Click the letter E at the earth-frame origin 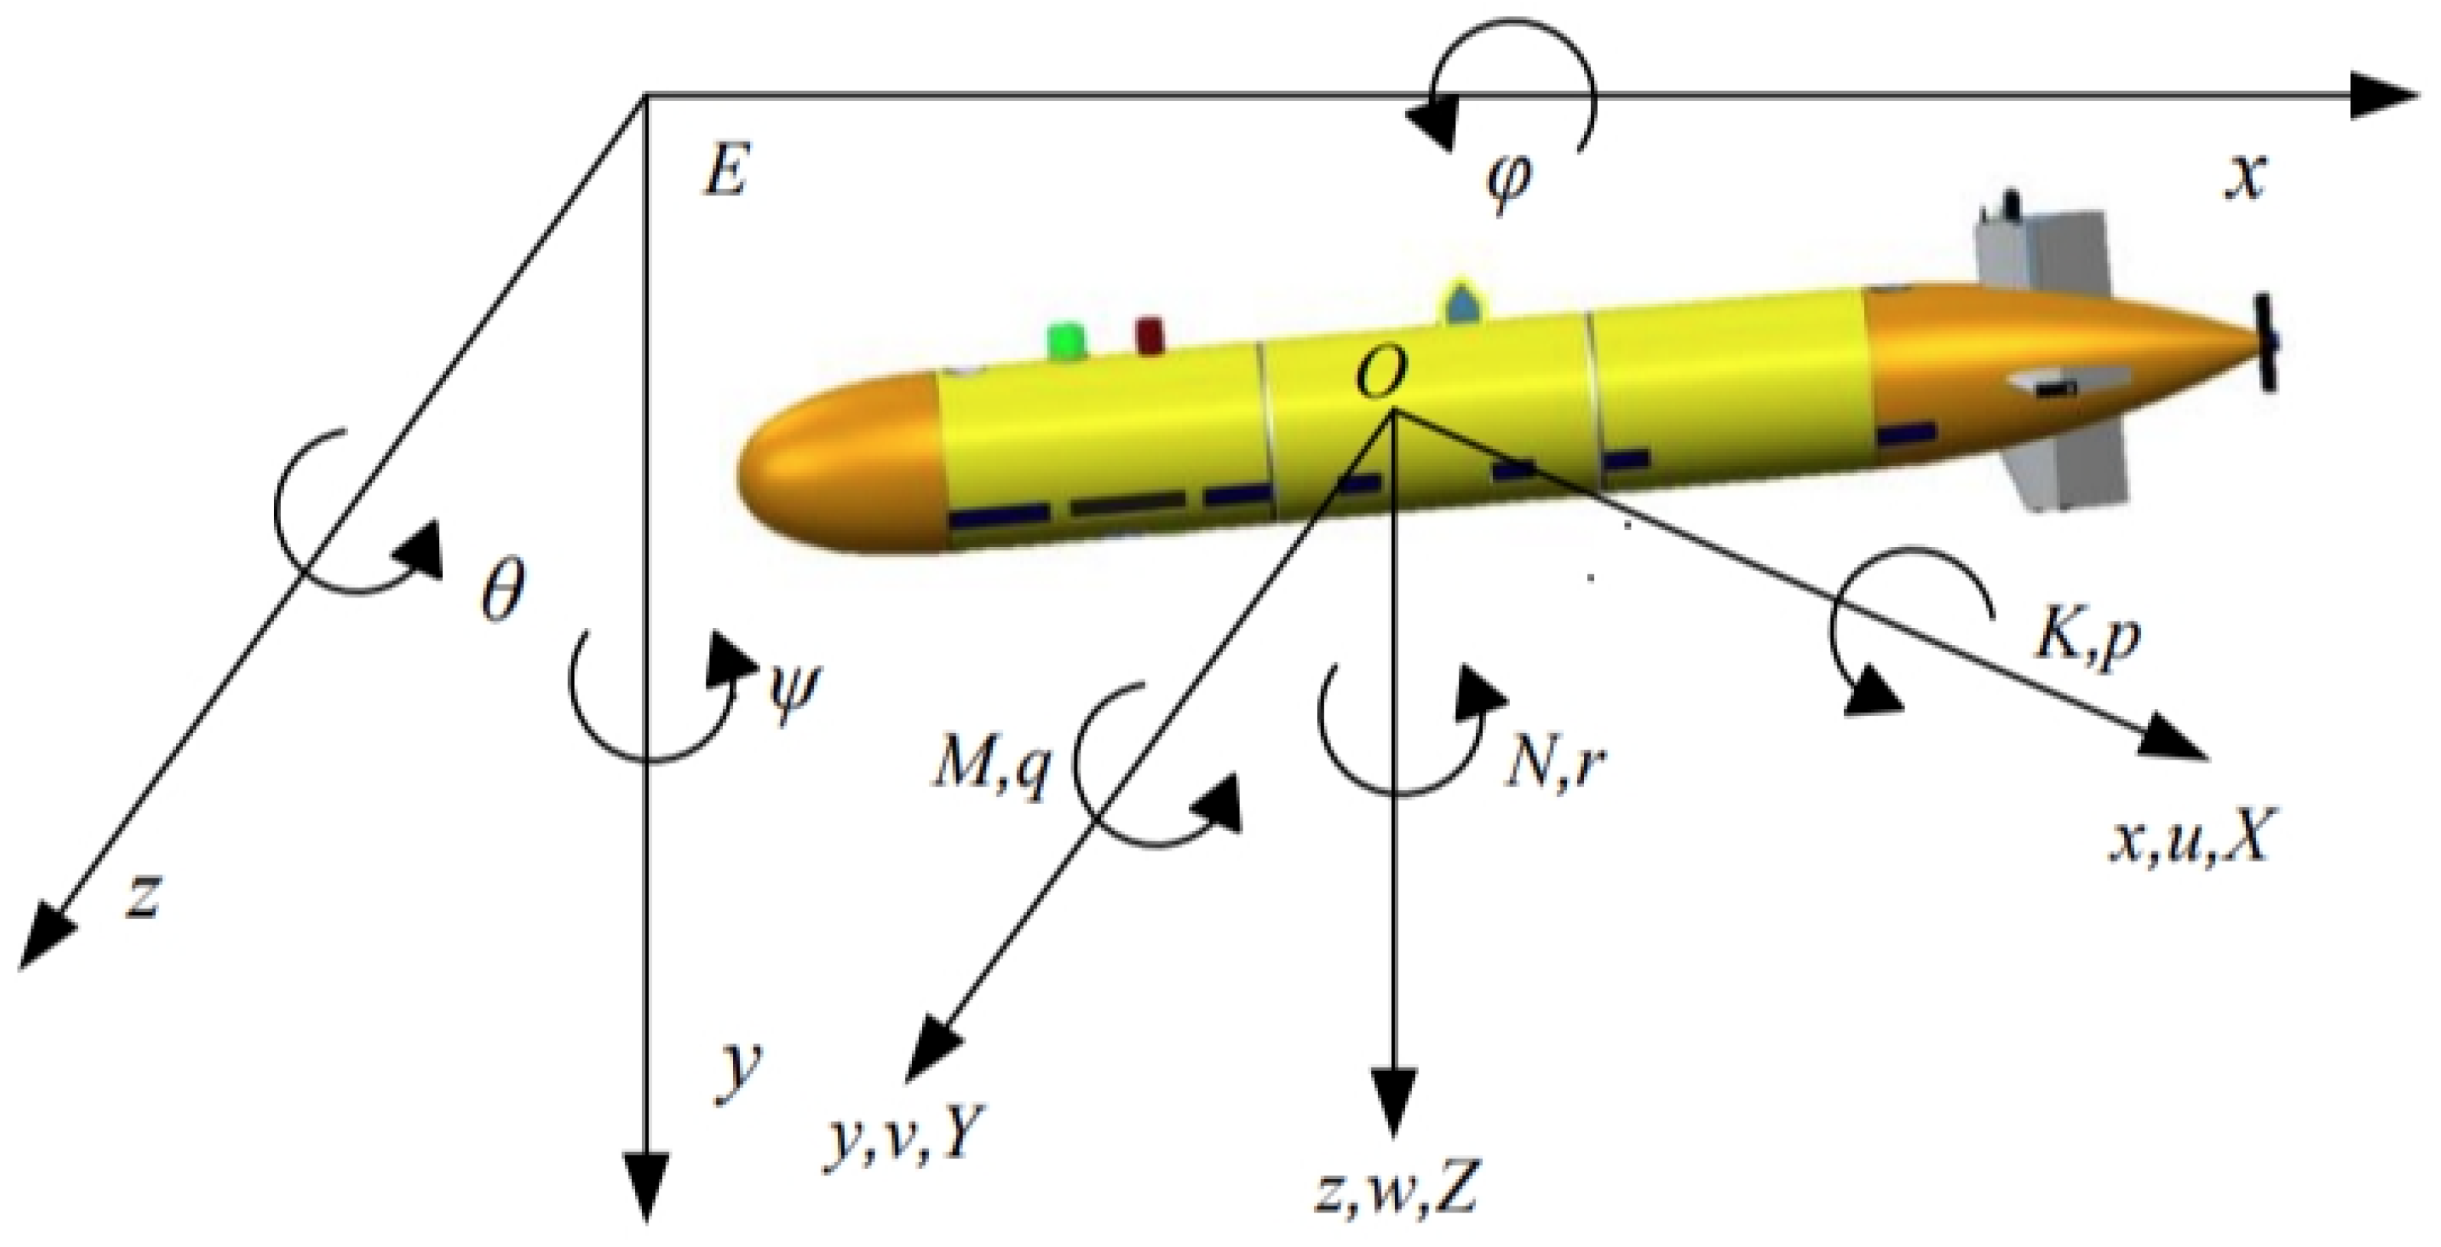pos(726,172)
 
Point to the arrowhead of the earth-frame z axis pos(43,939)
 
